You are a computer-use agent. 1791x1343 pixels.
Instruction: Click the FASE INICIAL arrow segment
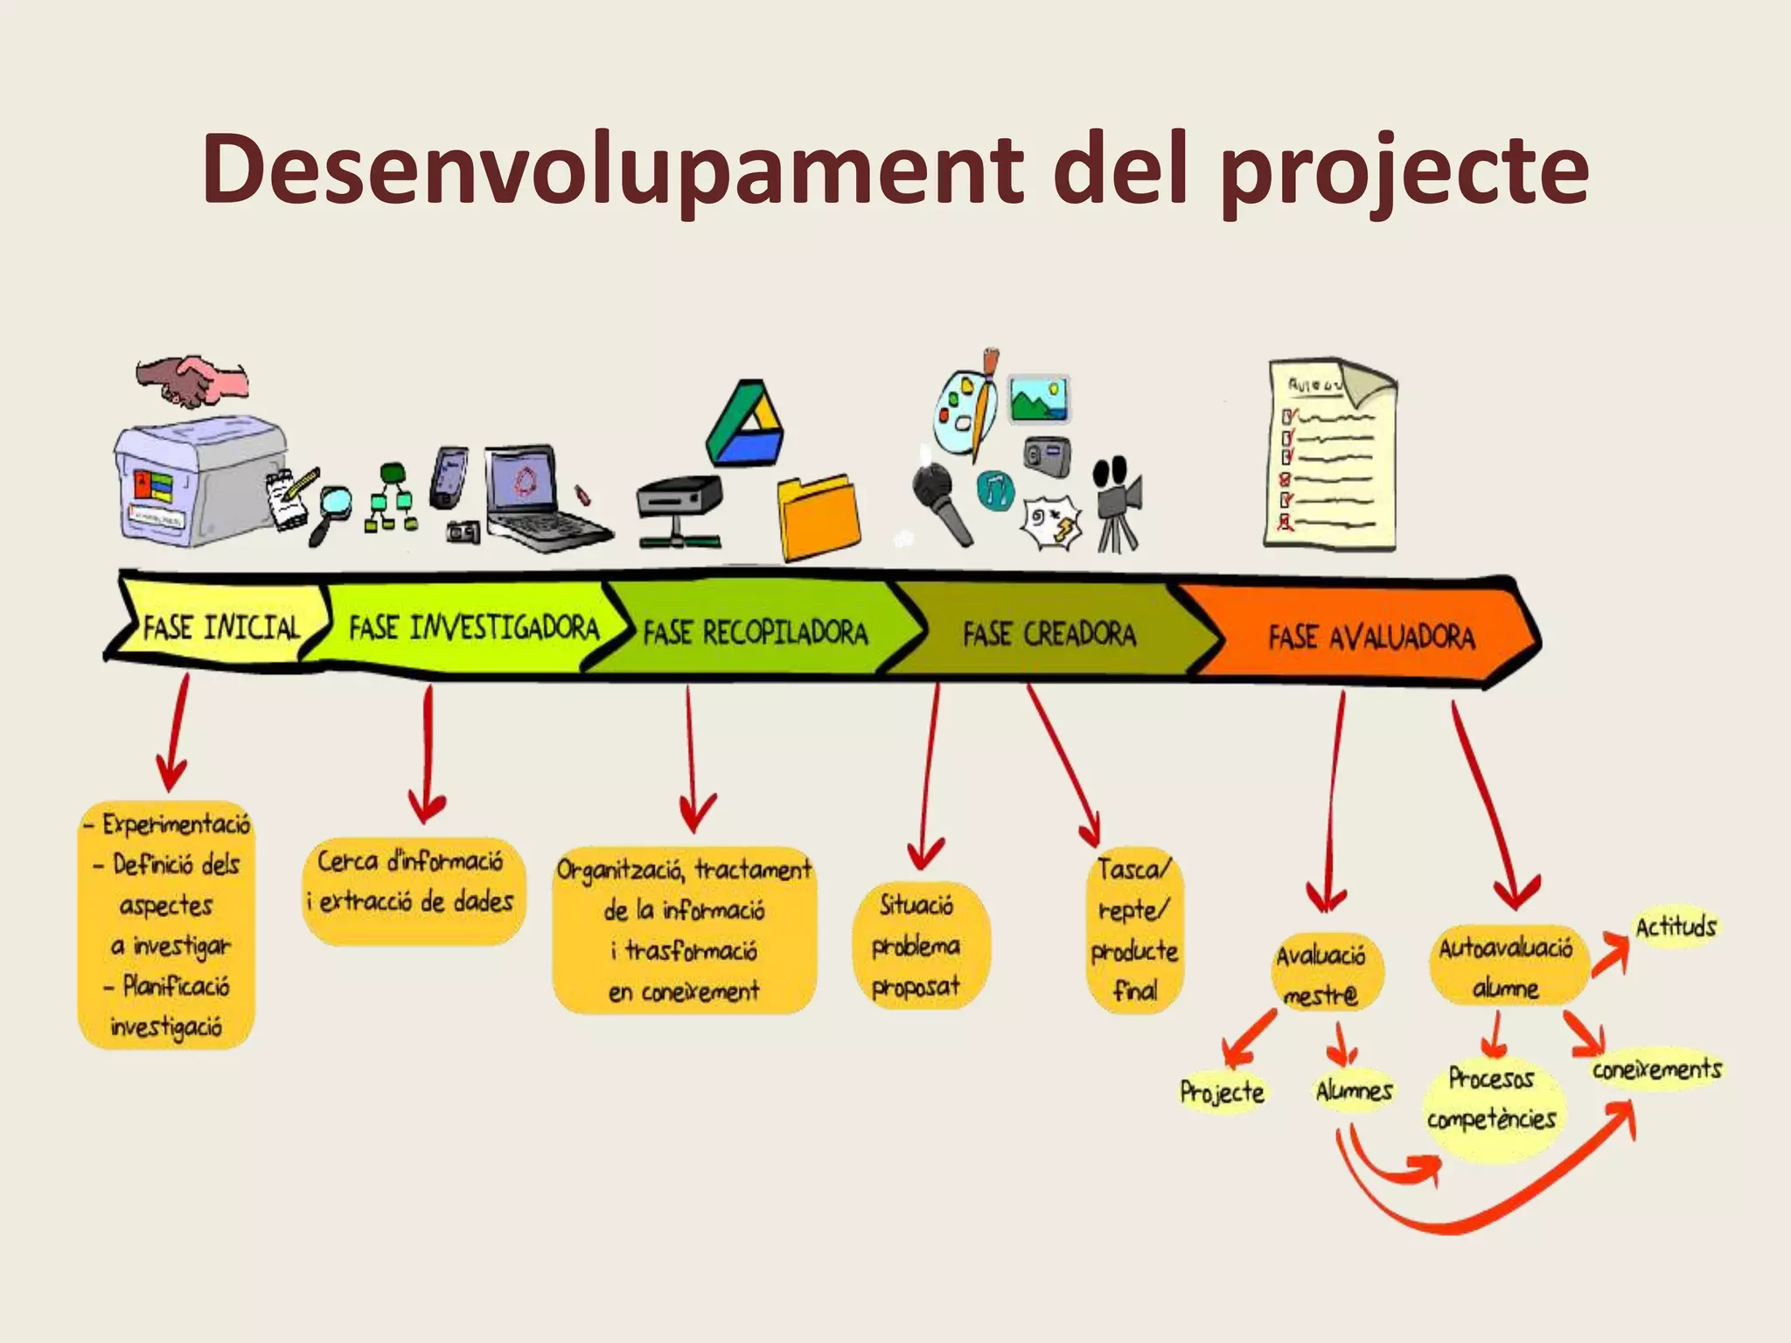point(220,626)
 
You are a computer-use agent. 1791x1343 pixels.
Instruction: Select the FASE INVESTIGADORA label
point(473,627)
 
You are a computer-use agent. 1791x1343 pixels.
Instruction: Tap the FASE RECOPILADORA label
point(755,631)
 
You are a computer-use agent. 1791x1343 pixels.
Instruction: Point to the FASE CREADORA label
point(1049,633)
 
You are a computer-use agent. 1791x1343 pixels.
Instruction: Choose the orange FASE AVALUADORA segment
point(1370,636)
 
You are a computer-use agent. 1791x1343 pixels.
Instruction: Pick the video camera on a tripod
point(1118,502)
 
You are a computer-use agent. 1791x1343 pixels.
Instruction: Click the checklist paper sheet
point(1329,455)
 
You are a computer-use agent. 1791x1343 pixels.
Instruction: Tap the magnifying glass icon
point(330,511)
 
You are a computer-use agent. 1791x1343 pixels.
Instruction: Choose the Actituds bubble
point(1675,926)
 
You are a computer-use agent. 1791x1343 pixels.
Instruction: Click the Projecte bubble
point(1222,1091)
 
